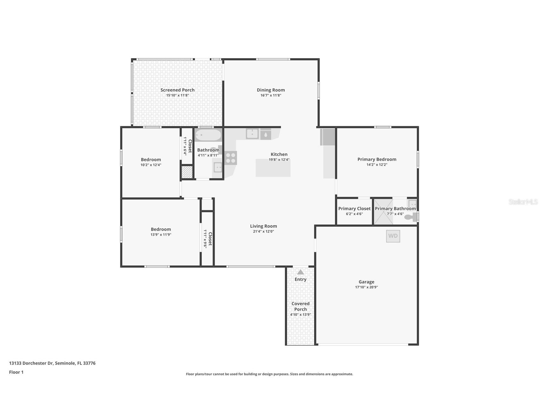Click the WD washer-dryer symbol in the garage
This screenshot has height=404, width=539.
[393, 236]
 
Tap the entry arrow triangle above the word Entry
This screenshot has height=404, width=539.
[300, 272]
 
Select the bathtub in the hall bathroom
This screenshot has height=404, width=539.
[208, 135]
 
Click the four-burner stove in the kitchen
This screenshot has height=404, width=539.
[231, 158]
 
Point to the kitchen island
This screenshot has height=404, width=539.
[273, 168]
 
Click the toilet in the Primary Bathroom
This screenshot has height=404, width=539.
[411, 217]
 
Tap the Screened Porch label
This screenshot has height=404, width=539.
[177, 90]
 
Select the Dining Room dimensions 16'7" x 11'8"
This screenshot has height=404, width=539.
[271, 95]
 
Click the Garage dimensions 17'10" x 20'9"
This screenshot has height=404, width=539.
[366, 287]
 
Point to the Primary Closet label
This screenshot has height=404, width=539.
[354, 209]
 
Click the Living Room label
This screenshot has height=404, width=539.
[263, 226]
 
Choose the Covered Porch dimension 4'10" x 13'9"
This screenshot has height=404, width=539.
[300, 314]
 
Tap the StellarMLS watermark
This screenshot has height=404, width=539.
[523, 202]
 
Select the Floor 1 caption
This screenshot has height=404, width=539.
[16, 372]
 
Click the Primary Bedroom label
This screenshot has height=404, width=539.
[377, 159]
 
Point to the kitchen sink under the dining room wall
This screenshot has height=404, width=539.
[252, 134]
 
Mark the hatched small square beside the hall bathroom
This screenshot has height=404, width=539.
[187, 172]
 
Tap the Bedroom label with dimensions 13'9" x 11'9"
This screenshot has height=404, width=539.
[161, 229]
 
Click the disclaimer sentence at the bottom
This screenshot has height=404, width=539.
[269, 374]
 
